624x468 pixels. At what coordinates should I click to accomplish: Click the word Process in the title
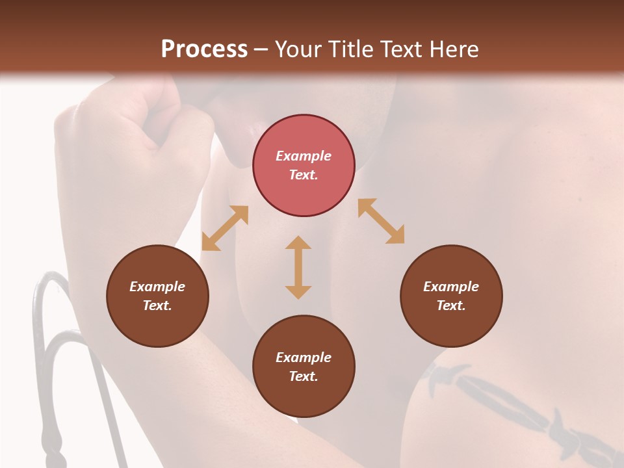pos(204,49)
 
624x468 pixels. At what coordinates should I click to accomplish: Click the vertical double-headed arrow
pos(298,267)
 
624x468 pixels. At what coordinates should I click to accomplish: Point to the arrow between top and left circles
pos(225,228)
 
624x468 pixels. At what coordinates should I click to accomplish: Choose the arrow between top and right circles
pos(382,221)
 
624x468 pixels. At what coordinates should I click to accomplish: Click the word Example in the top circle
pos(304,156)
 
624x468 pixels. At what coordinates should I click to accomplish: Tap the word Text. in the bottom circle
pos(304,376)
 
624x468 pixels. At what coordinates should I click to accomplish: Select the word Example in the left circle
pos(157,287)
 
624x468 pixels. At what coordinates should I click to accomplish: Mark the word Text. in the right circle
pos(451,305)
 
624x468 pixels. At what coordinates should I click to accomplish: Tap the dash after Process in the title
pos(261,50)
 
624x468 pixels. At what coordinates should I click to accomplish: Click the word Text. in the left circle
pos(157,305)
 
